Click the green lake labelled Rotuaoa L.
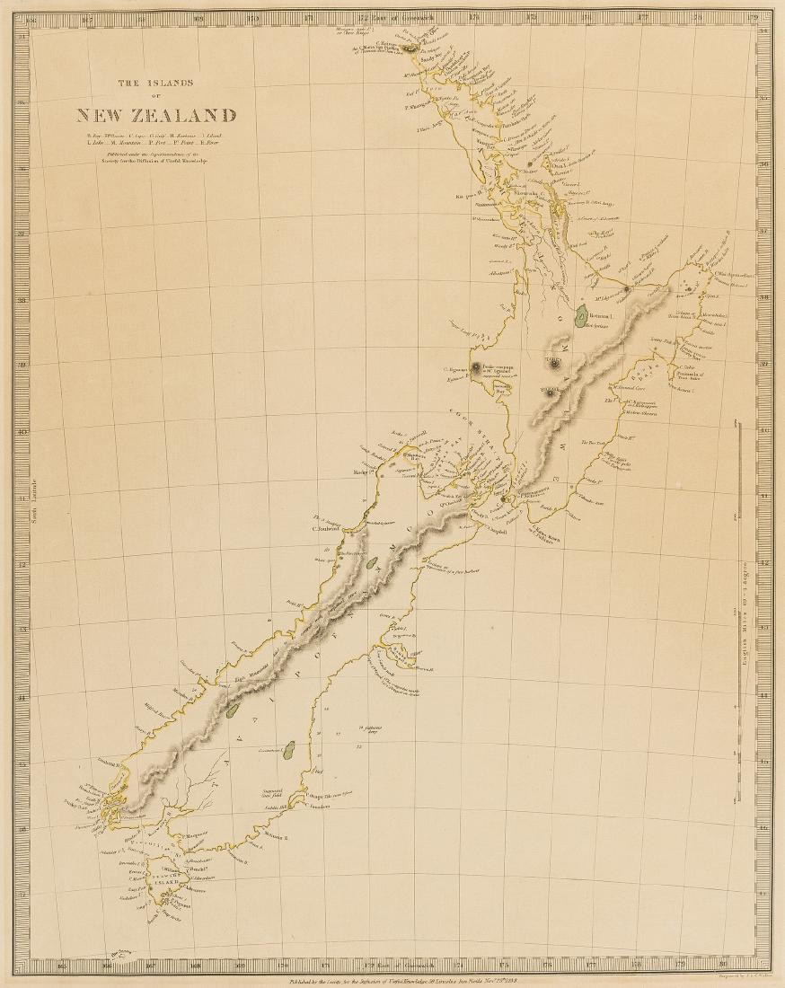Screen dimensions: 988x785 582,315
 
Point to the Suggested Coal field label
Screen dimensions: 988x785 269,787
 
